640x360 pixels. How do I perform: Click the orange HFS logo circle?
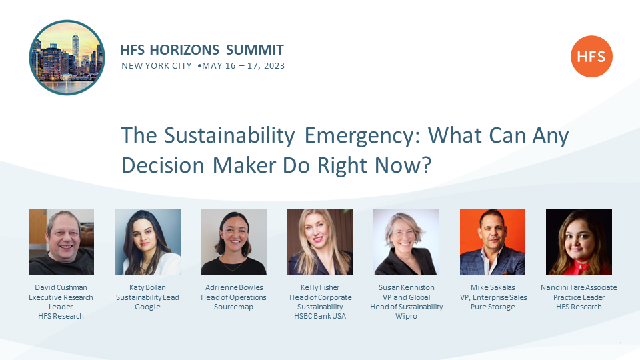click(x=591, y=56)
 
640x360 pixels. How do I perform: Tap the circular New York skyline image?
click(x=67, y=57)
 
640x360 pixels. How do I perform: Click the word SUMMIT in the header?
click(x=255, y=50)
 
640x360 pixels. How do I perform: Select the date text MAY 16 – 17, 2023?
click(x=243, y=66)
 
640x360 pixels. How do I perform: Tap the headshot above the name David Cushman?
click(x=61, y=241)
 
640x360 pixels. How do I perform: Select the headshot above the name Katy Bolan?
click(x=147, y=241)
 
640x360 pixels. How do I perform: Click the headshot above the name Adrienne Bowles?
click(x=233, y=241)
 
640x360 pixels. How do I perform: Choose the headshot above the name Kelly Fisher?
click(x=320, y=241)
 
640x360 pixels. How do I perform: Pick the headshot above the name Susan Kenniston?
click(x=406, y=241)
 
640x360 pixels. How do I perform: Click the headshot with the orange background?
click(x=493, y=241)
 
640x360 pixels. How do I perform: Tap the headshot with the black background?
click(x=579, y=241)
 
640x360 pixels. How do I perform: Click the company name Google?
click(x=147, y=307)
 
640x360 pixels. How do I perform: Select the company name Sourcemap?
click(x=233, y=307)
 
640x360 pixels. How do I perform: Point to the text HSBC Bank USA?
click(x=320, y=316)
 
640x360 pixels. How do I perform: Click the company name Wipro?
click(x=406, y=316)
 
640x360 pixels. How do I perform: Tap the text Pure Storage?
click(x=493, y=307)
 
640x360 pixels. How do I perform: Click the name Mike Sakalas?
click(x=493, y=287)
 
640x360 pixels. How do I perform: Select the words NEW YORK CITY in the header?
click(x=156, y=66)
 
